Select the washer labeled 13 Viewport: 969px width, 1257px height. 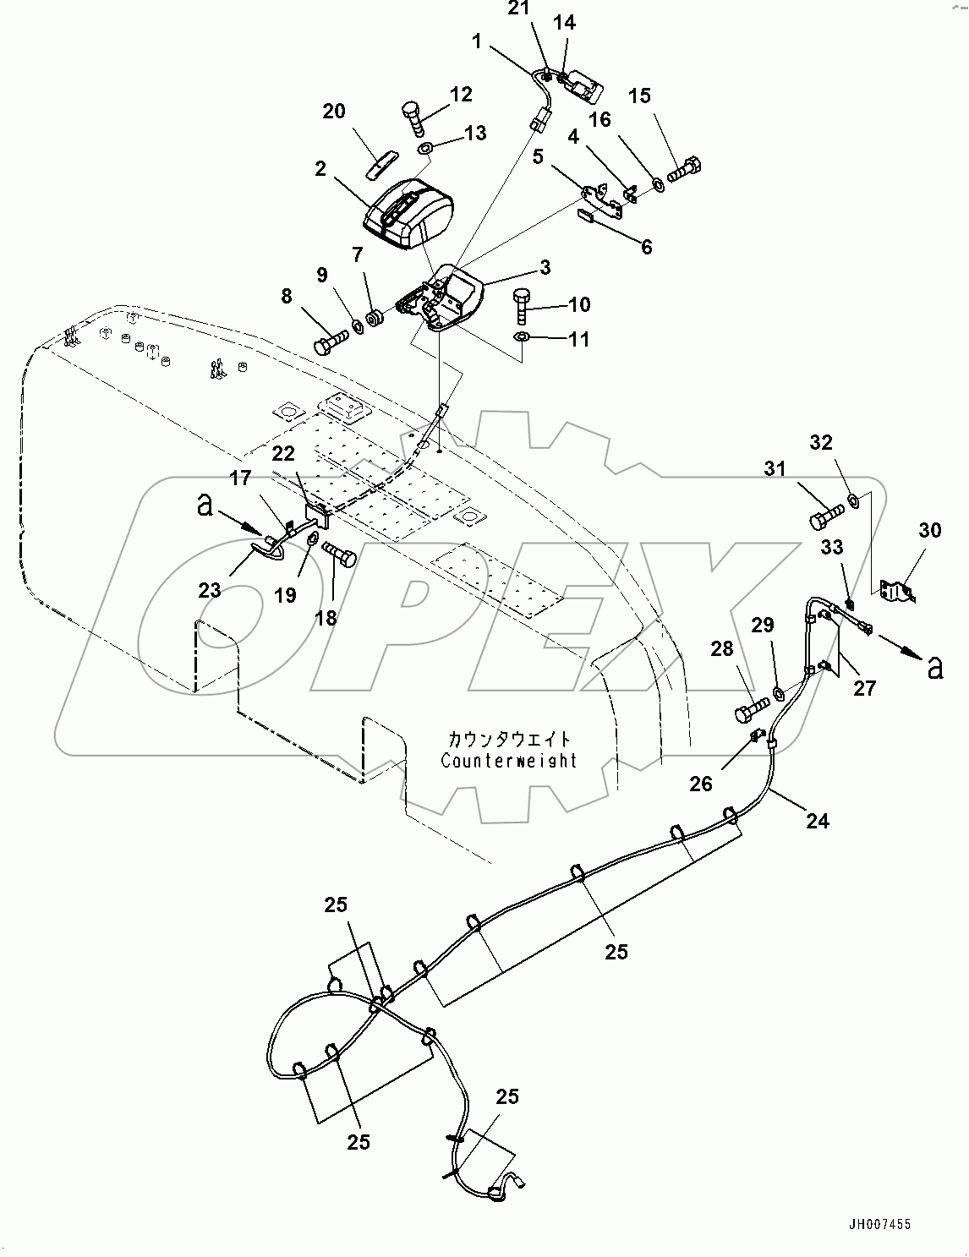pos(424,150)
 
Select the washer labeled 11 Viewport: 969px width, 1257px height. pos(523,338)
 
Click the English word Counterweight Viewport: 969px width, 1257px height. pos(509,760)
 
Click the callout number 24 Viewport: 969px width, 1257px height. pos(817,819)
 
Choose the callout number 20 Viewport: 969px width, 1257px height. pos(334,111)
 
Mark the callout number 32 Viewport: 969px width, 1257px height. pos(821,443)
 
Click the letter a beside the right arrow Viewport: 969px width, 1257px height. pos(934,668)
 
